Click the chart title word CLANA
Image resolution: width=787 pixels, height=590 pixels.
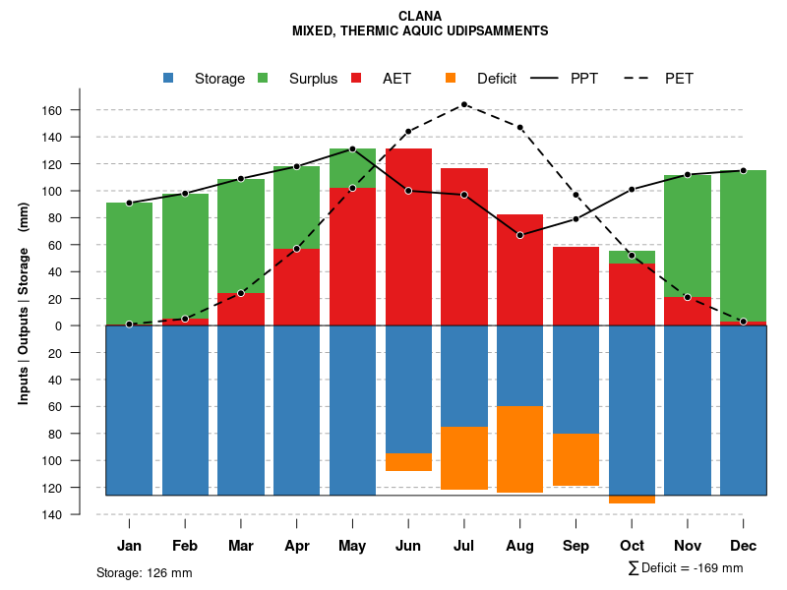[x=421, y=16]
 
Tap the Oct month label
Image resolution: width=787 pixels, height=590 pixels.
[x=632, y=546]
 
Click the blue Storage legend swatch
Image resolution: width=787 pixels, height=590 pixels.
[x=168, y=79]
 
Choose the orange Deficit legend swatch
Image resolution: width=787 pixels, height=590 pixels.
[x=450, y=79]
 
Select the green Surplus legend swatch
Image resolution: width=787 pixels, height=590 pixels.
[x=263, y=79]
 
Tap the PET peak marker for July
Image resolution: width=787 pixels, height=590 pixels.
[x=464, y=104]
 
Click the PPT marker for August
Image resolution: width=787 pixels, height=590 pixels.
[x=520, y=235]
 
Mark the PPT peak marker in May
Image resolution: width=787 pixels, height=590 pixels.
[x=352, y=149]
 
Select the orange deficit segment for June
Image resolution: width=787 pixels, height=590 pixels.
[x=408, y=462]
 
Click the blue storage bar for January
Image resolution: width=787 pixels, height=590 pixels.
[x=129, y=410]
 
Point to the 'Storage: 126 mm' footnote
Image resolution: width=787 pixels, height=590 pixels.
[x=145, y=572]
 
